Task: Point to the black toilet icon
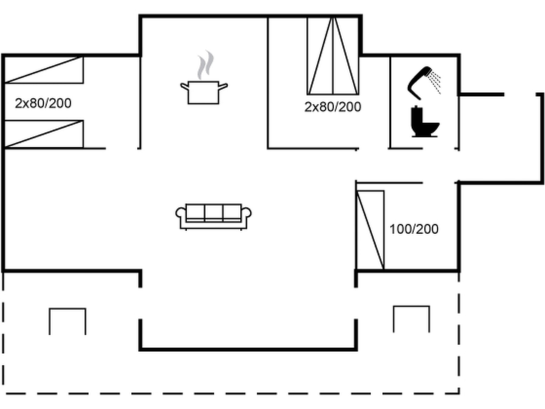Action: [425, 122]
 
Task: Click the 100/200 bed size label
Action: [414, 229]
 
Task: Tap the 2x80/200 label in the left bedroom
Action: [43, 103]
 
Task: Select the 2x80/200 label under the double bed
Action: [333, 107]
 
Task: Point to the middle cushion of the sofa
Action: [214, 212]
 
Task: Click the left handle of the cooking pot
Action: [184, 86]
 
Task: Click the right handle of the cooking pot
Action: [223, 86]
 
